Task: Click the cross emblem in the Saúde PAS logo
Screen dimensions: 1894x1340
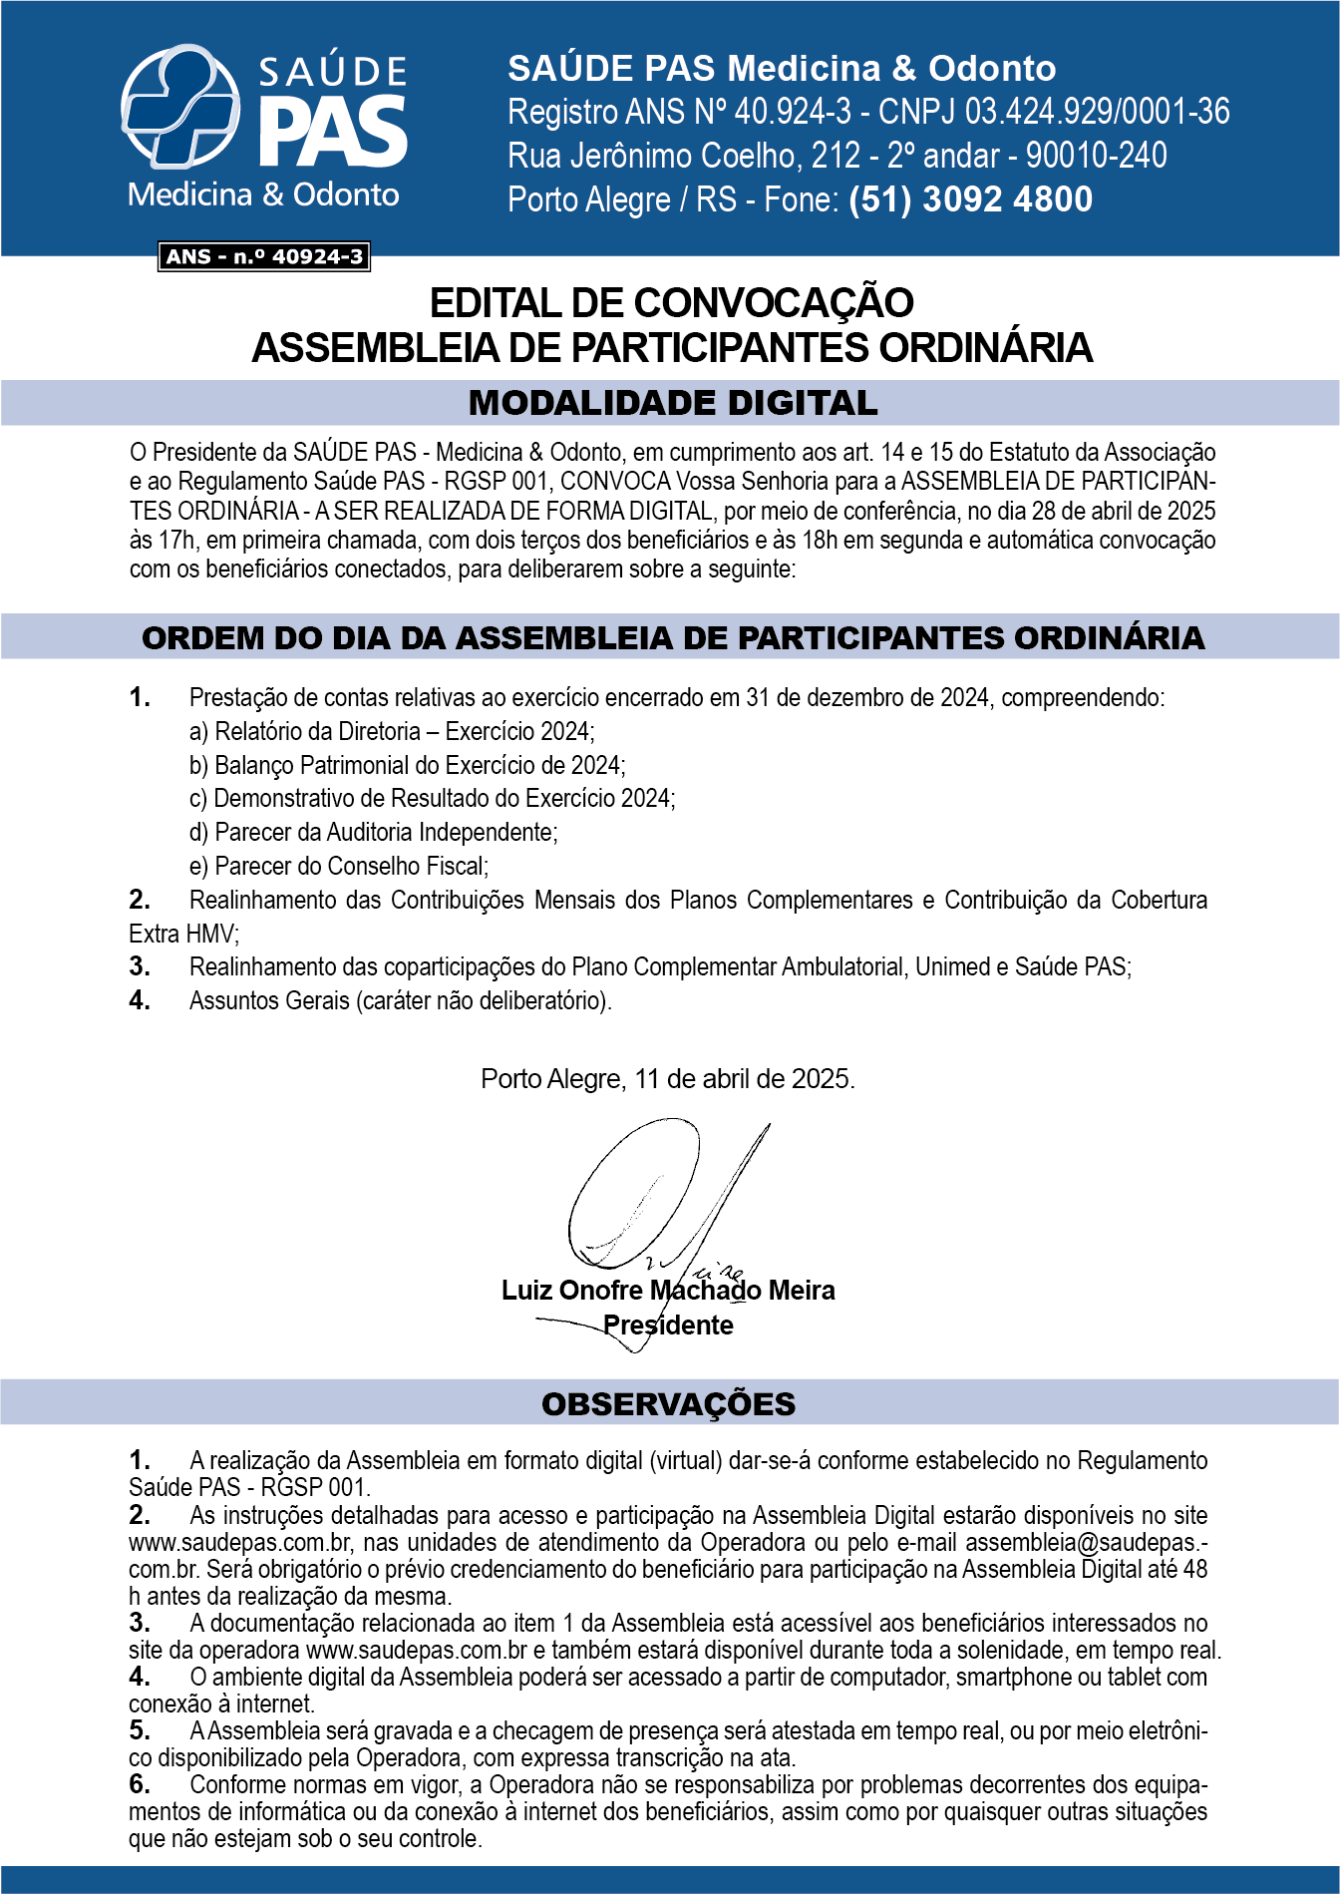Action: (x=179, y=106)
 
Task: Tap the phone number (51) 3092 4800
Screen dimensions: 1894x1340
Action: (x=970, y=199)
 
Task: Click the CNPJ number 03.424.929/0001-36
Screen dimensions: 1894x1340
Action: (x=1097, y=112)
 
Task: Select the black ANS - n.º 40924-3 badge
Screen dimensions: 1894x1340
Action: (x=264, y=257)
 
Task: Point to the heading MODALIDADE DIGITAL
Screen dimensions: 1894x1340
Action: (x=673, y=403)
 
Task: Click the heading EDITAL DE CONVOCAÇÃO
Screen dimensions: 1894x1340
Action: (x=671, y=303)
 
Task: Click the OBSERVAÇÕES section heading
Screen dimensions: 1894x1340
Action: (x=668, y=1403)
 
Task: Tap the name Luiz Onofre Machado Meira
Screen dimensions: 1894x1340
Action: (x=668, y=1291)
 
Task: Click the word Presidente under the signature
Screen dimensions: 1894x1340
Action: (x=668, y=1326)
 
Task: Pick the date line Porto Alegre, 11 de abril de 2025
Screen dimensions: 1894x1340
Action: (x=667, y=1079)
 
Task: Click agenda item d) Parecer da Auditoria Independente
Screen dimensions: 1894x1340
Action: (x=374, y=833)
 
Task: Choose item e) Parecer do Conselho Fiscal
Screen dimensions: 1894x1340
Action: (x=339, y=867)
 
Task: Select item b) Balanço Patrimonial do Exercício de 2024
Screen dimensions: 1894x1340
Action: (x=408, y=766)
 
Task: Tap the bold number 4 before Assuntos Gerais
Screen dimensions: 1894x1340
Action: (x=140, y=1000)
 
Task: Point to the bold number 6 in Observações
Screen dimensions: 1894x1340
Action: (x=140, y=1784)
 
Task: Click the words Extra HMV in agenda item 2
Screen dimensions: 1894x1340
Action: (x=183, y=935)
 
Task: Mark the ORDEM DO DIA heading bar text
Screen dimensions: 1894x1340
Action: (x=673, y=638)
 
